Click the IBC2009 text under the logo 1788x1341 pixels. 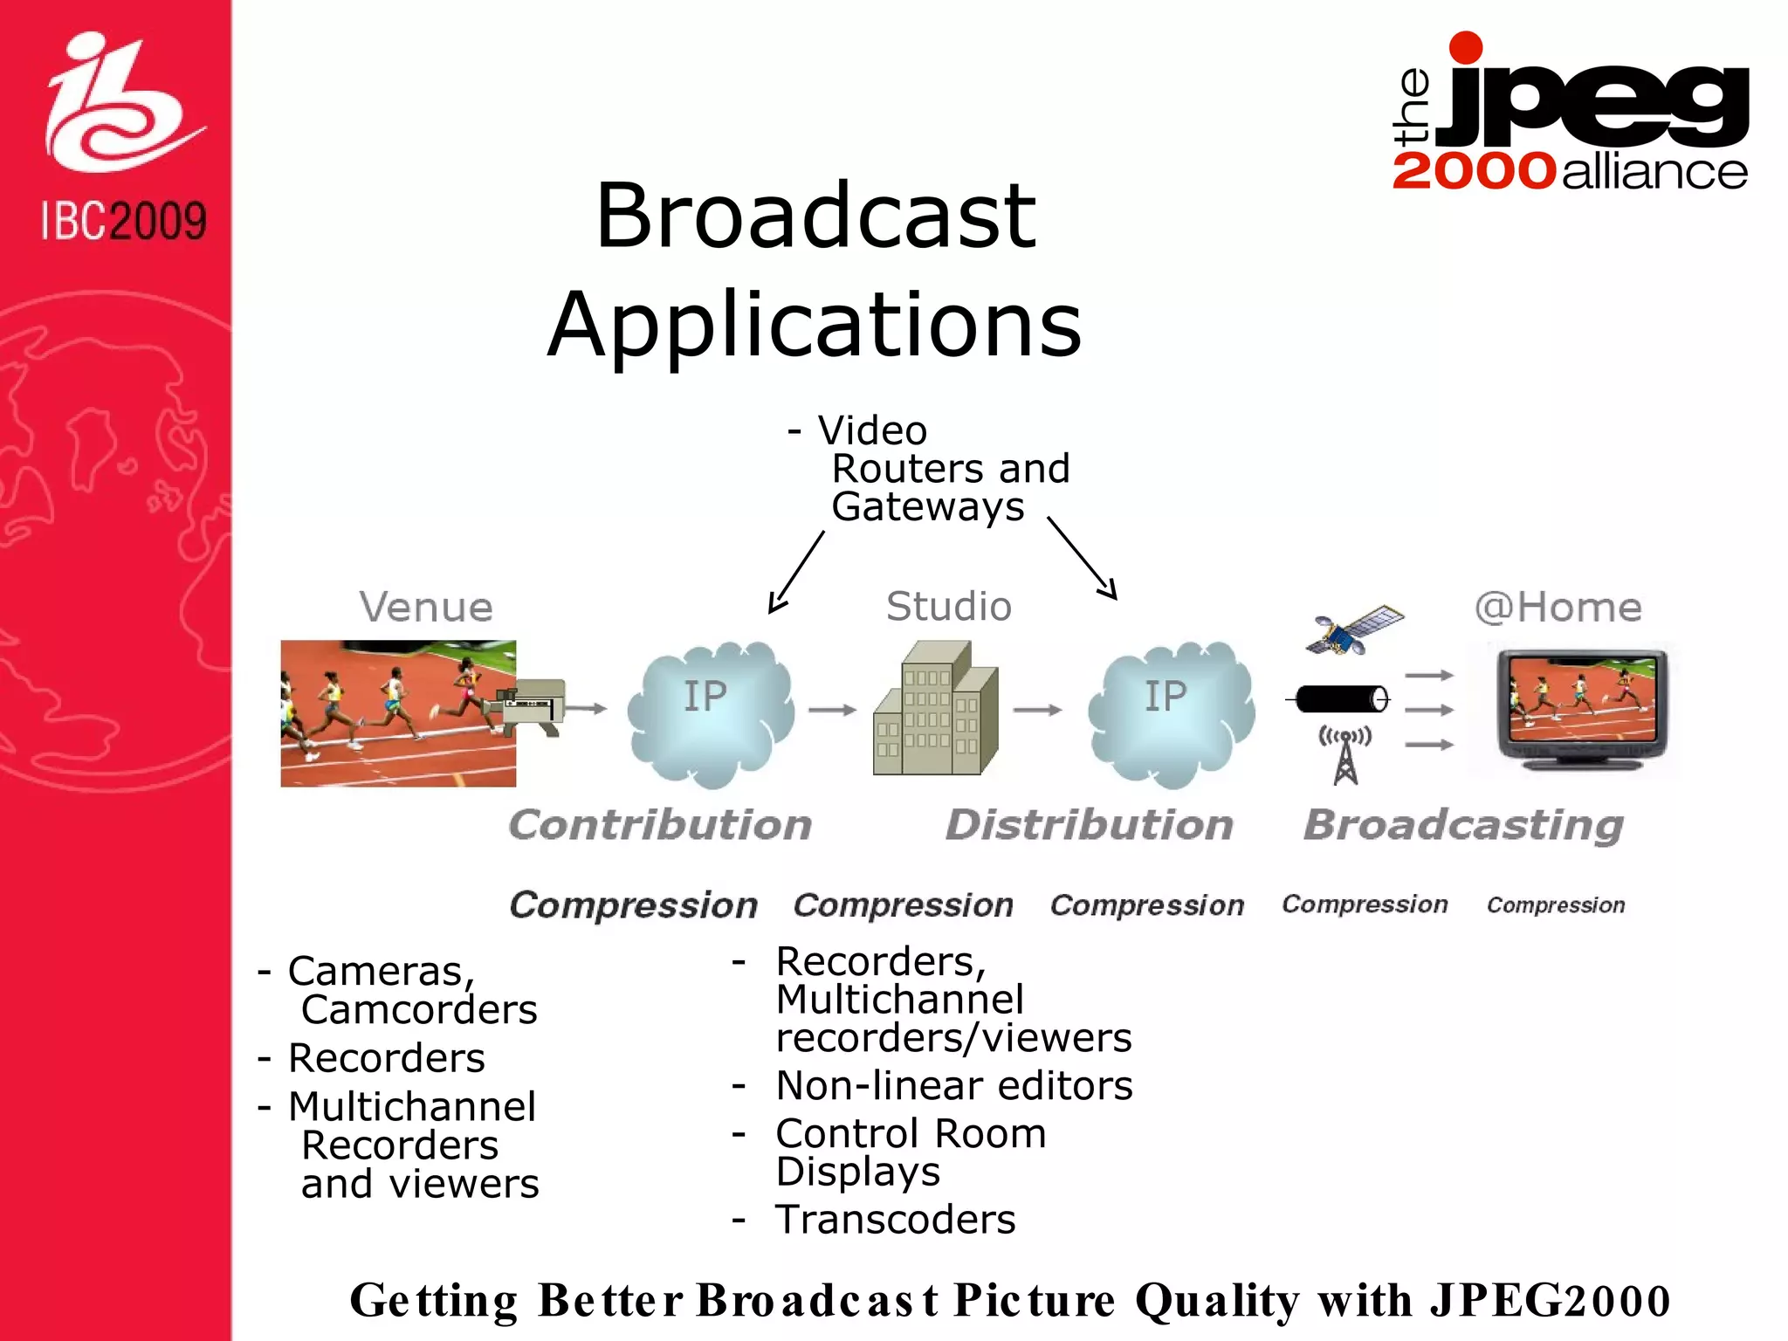tap(124, 221)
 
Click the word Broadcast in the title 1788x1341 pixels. tap(815, 216)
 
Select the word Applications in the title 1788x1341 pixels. tap(815, 325)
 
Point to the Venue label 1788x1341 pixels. tap(426, 607)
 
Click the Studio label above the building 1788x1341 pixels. tap(948, 607)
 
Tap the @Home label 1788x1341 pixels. tap(1558, 607)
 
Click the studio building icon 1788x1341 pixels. tap(935, 709)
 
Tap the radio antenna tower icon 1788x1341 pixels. tap(1345, 756)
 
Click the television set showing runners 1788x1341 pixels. tap(1582, 709)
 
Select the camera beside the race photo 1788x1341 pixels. tap(533, 705)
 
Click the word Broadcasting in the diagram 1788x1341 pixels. tap(1463, 825)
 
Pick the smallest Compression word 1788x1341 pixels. tap(1556, 905)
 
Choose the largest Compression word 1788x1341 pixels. tap(634, 905)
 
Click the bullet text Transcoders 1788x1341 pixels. tap(896, 1220)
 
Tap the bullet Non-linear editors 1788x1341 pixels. tap(954, 1086)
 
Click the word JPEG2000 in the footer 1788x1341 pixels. tap(1550, 1301)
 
